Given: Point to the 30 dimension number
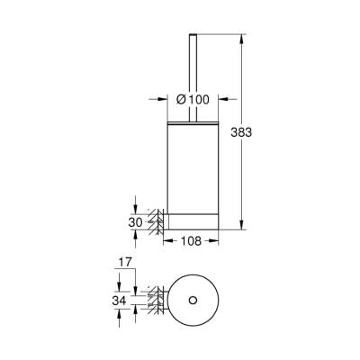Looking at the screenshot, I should click(x=135, y=220).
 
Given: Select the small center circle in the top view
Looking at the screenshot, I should click(x=191, y=299).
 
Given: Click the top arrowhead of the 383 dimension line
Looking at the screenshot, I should click(x=244, y=39).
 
